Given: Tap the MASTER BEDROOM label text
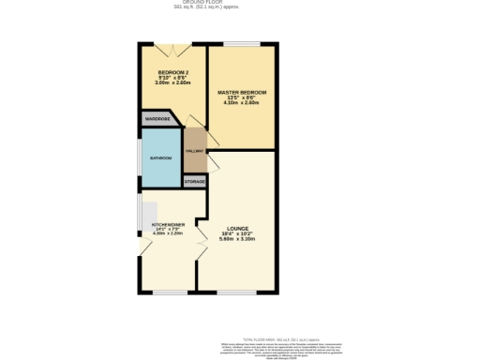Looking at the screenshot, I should (x=242, y=92).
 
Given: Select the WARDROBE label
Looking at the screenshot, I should (x=156, y=119).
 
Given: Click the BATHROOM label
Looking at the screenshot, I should (x=160, y=158).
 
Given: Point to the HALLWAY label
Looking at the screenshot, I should (x=195, y=150).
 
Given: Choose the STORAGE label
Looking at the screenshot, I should (x=195, y=180).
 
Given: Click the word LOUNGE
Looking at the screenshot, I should (x=237, y=228).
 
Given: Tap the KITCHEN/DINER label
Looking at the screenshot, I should (x=169, y=226).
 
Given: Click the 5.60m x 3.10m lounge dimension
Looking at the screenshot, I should (x=237, y=239).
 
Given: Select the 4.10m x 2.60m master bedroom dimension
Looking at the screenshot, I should (x=242, y=102).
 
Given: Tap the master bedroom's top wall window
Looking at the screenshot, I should (x=242, y=43).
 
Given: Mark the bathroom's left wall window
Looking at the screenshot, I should (x=141, y=159).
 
